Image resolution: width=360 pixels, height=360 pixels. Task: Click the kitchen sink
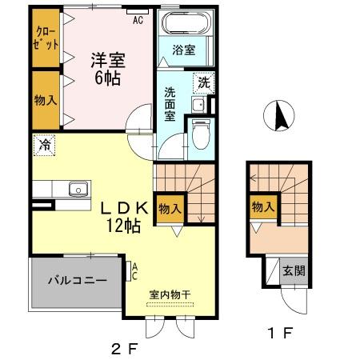[78, 190]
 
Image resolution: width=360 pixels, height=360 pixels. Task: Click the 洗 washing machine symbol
[206, 82]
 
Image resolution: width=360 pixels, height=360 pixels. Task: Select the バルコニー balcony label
[76, 280]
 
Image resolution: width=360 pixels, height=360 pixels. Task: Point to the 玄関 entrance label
[294, 270]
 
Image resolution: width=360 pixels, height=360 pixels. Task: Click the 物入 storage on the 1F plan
[262, 206]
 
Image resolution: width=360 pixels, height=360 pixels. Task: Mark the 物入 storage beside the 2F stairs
[169, 207]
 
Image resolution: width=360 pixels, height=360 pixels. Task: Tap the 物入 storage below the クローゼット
[45, 100]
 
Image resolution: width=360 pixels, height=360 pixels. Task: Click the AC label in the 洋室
[138, 20]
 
